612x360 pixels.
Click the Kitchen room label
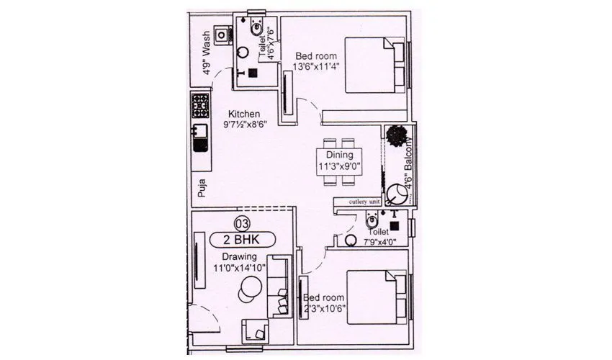pyautogui.click(x=244, y=114)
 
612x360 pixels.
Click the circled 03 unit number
pyautogui.click(x=243, y=223)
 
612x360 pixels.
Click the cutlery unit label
pyautogui.click(x=364, y=203)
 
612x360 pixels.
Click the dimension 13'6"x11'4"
pyautogui.click(x=317, y=66)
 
